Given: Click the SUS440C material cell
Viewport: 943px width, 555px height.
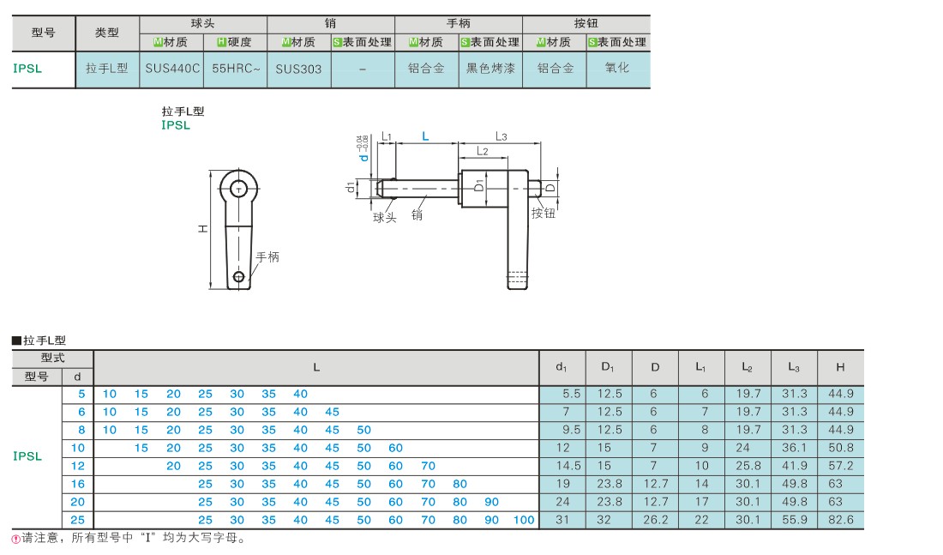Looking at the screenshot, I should coord(171,69).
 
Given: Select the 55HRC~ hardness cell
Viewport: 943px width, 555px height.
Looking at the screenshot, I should coord(235,69).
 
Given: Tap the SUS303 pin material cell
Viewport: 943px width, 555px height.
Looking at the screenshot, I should coord(298,69).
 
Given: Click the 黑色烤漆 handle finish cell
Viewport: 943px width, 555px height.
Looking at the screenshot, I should coord(490,69).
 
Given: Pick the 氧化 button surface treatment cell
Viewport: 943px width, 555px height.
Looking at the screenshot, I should coord(617,69).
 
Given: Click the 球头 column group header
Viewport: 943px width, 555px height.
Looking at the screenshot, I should coord(203,23).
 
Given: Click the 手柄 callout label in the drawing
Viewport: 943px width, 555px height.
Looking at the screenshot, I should coord(267,257).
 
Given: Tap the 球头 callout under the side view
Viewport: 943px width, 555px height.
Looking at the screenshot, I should coord(385,218).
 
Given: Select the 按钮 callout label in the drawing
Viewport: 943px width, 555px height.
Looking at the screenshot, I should coord(543,213).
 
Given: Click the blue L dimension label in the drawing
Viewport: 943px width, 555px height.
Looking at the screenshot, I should coord(425,136).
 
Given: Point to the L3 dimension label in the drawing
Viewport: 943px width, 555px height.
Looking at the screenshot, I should coord(502,136).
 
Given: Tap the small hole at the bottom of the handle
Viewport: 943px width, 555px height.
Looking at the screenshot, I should coord(239,276).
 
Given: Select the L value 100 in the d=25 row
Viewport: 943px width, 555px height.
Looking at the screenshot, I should coord(524,520).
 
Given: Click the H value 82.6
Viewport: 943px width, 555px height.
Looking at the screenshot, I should coord(840,520).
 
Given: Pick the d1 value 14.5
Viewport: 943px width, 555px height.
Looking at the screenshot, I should coord(569,466).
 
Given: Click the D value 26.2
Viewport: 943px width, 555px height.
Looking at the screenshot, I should coord(654,520).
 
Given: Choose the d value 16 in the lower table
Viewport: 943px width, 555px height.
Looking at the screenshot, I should coord(78,484).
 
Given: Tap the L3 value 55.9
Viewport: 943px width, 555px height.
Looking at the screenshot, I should coord(794,520).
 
